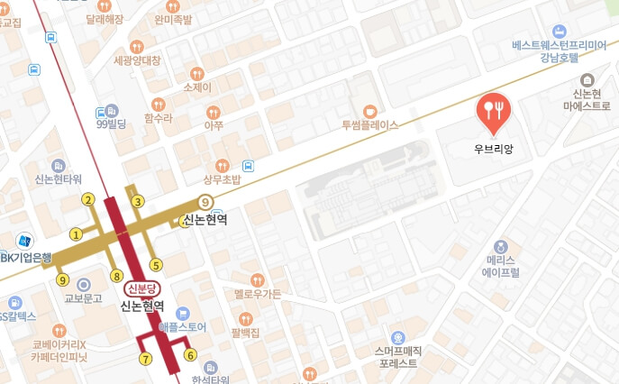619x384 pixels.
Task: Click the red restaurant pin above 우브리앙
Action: point(493,111)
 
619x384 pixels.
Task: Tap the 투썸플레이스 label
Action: point(369,125)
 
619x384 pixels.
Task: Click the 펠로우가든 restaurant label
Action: point(257,294)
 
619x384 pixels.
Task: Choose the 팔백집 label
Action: point(245,333)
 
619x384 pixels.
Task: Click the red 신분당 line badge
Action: point(141,288)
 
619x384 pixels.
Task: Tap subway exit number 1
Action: point(77,234)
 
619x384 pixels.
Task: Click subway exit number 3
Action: point(138,201)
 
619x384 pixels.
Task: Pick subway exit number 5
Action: point(156,264)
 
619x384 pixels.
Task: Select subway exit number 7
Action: point(145,358)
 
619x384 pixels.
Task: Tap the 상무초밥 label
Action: point(222,179)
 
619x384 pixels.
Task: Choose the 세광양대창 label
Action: point(137,60)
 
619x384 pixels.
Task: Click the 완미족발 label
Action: point(173,18)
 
